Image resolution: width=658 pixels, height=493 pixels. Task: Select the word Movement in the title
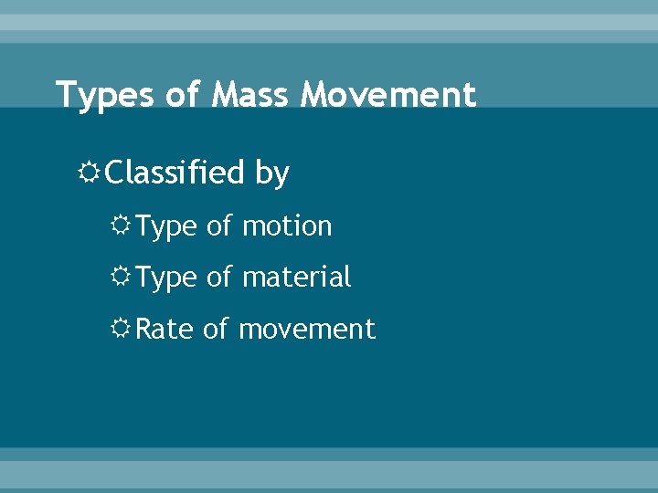coord(390,95)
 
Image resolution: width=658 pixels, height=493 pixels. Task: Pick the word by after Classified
coord(271,173)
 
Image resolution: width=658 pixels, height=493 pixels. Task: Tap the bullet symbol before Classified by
coord(91,172)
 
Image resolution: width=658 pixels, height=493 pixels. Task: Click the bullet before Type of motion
coord(122,226)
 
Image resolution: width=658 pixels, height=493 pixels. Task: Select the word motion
coord(287,226)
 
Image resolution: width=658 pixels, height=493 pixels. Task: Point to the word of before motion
coord(219,226)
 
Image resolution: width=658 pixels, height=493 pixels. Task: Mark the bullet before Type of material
coord(122,277)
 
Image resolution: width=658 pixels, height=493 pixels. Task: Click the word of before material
coord(219,277)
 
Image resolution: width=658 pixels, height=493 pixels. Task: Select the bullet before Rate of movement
coord(122,329)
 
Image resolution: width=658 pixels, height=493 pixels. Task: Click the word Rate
coord(164,329)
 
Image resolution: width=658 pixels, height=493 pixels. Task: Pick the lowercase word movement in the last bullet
coord(307,329)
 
